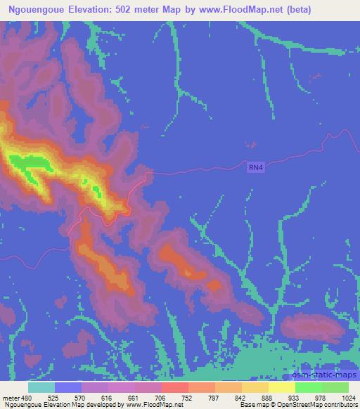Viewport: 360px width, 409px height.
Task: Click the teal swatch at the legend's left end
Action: [41, 387]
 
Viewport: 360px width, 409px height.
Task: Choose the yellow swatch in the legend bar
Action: [281, 387]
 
